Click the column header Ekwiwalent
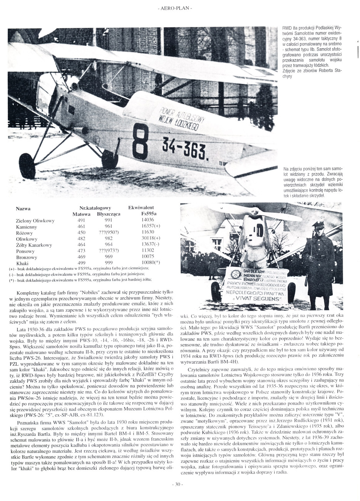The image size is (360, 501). pyautogui.click(x=141, y=208)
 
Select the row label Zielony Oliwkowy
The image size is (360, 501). pyautogui.click(x=35, y=221)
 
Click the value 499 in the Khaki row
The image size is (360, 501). pyautogui.click(x=82, y=263)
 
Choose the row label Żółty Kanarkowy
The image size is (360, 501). pyautogui.click(x=34, y=245)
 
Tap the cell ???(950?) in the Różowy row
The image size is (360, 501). pyautogui.click(x=109, y=233)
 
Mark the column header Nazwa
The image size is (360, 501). pyautogui.click(x=23, y=208)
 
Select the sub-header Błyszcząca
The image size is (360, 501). pyautogui.click(x=109, y=214)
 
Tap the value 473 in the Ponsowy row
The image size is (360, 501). pyautogui.click(x=82, y=251)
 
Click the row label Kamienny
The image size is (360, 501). pyautogui.click(x=26, y=227)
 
